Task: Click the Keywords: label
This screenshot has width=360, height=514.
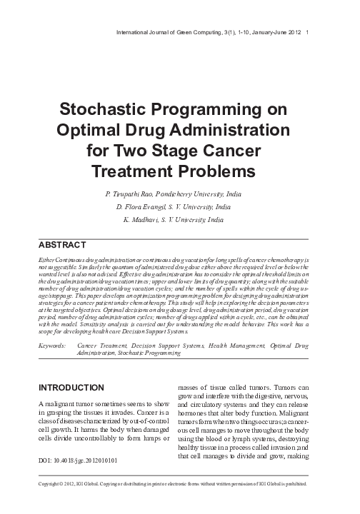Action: (x=51, y=345)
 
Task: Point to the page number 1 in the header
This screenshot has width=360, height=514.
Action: (x=306, y=33)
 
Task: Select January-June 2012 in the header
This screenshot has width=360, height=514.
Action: (x=274, y=33)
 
